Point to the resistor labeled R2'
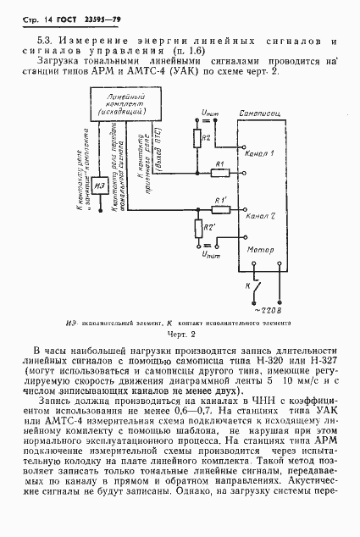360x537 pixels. coord(200,228)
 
